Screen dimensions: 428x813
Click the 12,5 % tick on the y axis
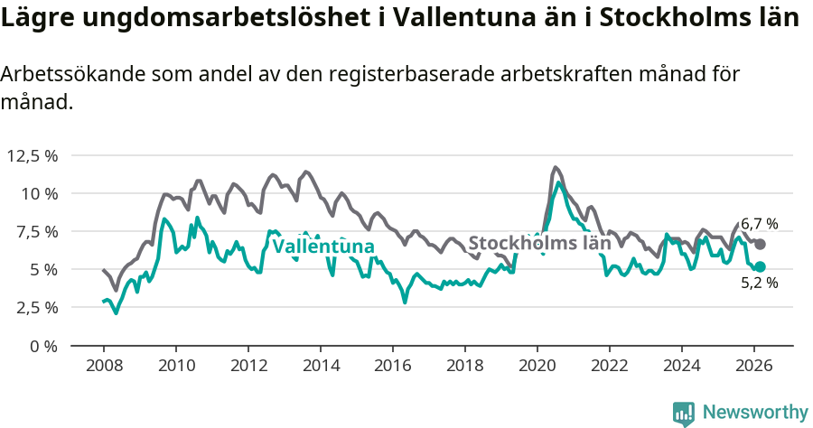[33, 155]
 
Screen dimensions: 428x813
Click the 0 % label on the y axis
[45, 345]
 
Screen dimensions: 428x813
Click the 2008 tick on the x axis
[104, 365]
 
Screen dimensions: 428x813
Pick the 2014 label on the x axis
[321, 365]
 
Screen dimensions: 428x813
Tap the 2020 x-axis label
[537, 365]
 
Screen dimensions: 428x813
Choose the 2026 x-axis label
[754, 365]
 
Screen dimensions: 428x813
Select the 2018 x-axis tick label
[465, 365]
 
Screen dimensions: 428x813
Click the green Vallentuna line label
[322, 247]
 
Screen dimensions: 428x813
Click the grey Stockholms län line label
[539, 243]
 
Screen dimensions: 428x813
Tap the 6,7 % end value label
[759, 224]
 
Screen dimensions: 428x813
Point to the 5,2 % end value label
[759, 283]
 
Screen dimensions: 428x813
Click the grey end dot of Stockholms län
[760, 244]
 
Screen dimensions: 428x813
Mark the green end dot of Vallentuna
[760, 266]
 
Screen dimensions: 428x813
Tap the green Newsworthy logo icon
[684, 413]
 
